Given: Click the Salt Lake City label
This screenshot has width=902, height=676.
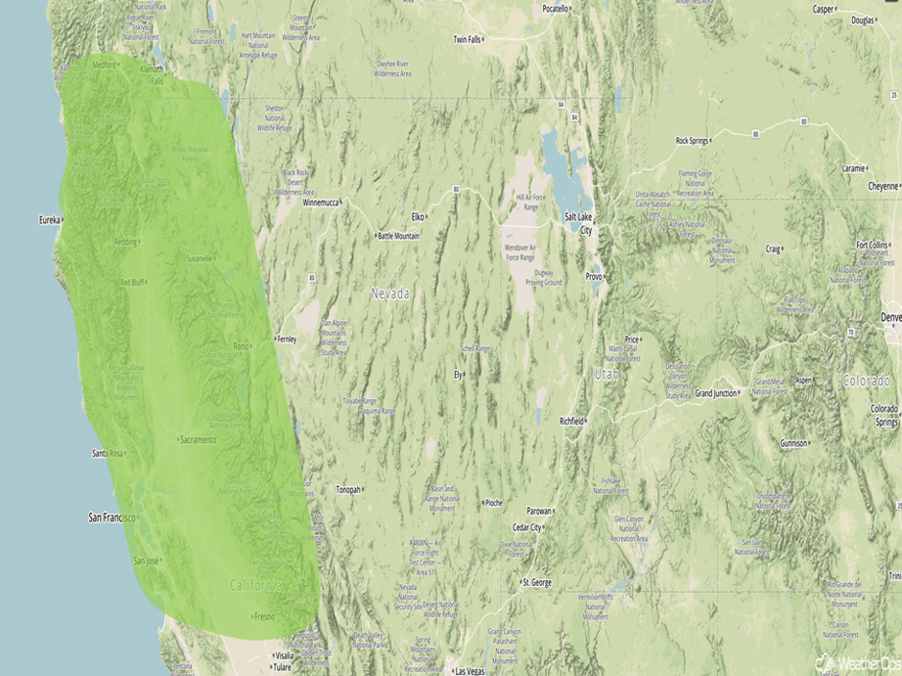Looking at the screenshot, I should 579,223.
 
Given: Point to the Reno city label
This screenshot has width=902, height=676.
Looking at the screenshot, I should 242,345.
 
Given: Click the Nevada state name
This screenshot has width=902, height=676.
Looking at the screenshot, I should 391,293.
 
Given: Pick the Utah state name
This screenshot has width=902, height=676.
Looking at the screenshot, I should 606,373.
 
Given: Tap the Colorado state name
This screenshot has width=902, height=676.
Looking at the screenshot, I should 866,381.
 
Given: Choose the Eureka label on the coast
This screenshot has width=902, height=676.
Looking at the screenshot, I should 48,220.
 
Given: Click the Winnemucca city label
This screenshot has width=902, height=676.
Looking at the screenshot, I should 321,203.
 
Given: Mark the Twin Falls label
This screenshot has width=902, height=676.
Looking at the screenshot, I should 467,39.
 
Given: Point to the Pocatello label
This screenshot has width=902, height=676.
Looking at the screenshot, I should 556,9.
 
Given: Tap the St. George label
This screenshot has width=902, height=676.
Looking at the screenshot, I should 538,582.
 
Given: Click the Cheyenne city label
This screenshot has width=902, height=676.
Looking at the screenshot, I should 883,185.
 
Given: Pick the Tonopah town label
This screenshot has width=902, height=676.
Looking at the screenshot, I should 347,489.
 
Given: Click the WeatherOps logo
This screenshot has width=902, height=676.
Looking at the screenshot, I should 857,663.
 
